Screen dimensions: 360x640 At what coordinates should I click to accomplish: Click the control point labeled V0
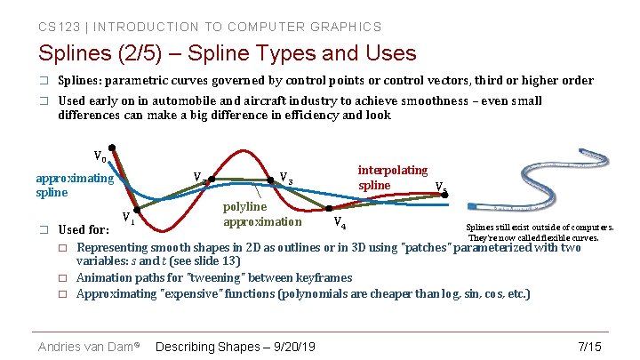112,148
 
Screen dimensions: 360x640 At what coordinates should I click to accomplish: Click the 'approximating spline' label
75,185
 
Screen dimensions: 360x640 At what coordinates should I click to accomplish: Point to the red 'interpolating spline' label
392,177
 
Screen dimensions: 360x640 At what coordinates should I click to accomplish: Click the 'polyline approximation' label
262,213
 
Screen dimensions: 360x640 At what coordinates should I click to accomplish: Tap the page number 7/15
589,346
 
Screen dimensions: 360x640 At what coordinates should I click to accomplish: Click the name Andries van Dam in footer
86,346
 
